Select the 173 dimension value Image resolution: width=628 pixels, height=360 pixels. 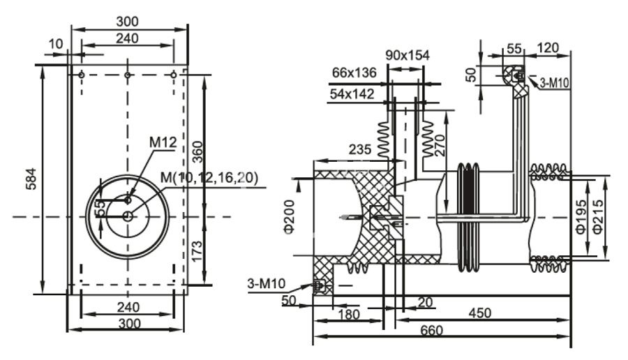tap(197, 248)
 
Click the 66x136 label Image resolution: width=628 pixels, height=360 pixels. tap(354, 72)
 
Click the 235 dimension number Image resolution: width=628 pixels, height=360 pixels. tap(361, 149)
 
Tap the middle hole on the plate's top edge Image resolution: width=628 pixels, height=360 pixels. tap(128, 75)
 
